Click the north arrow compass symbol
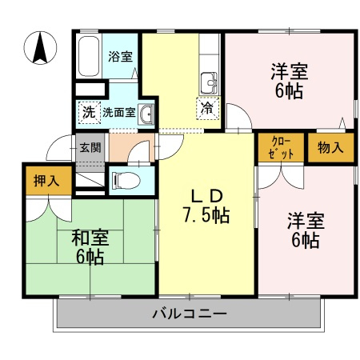(x=40, y=48)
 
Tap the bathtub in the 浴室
(x=89, y=56)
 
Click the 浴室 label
(x=120, y=56)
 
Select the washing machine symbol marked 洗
(x=89, y=112)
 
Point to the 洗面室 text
(x=119, y=112)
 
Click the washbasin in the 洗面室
(x=146, y=114)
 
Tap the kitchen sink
(x=209, y=83)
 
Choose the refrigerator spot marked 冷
(x=207, y=108)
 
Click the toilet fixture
(x=126, y=180)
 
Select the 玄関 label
(x=90, y=147)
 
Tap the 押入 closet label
(x=46, y=181)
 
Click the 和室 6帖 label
(x=90, y=247)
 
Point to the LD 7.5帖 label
(x=206, y=206)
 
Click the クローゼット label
(x=281, y=147)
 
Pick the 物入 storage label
(x=330, y=147)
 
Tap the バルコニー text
(x=190, y=314)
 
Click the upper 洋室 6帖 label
(x=290, y=81)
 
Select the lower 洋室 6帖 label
(x=306, y=230)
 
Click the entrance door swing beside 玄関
(x=59, y=147)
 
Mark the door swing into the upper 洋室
(x=238, y=118)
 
